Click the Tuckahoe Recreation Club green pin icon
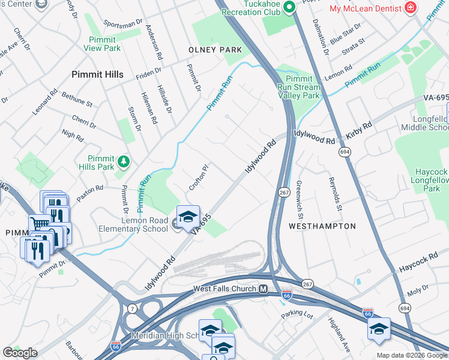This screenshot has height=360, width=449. click(289, 7)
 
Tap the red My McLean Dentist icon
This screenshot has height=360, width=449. click(411, 8)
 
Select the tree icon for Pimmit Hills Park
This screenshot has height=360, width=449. click(124, 161)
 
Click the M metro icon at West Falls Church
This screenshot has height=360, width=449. click(263, 289)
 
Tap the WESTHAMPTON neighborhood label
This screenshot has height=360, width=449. click(322, 226)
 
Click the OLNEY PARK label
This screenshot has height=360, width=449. click(215, 50)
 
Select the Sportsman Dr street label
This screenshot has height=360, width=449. click(122, 26)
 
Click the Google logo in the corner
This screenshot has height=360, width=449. click(20, 353)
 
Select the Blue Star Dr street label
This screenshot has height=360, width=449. click(345, 32)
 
